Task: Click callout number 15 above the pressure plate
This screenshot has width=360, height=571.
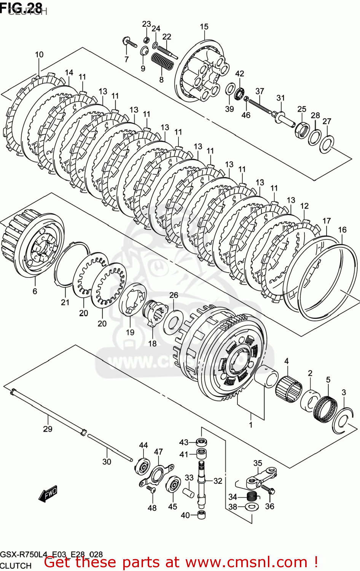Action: tap(204, 27)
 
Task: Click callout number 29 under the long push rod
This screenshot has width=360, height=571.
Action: tap(48, 429)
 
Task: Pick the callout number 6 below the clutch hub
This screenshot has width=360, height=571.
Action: tap(35, 291)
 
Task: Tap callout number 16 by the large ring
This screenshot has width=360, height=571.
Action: tap(342, 230)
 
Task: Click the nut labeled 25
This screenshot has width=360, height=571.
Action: tap(302, 129)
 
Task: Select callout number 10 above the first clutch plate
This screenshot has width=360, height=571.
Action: tap(39, 54)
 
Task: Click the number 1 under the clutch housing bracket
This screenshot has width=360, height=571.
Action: tap(251, 424)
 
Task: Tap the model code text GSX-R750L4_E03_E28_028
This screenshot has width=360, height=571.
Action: tap(51, 555)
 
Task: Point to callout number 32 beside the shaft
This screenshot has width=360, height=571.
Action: tap(218, 481)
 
